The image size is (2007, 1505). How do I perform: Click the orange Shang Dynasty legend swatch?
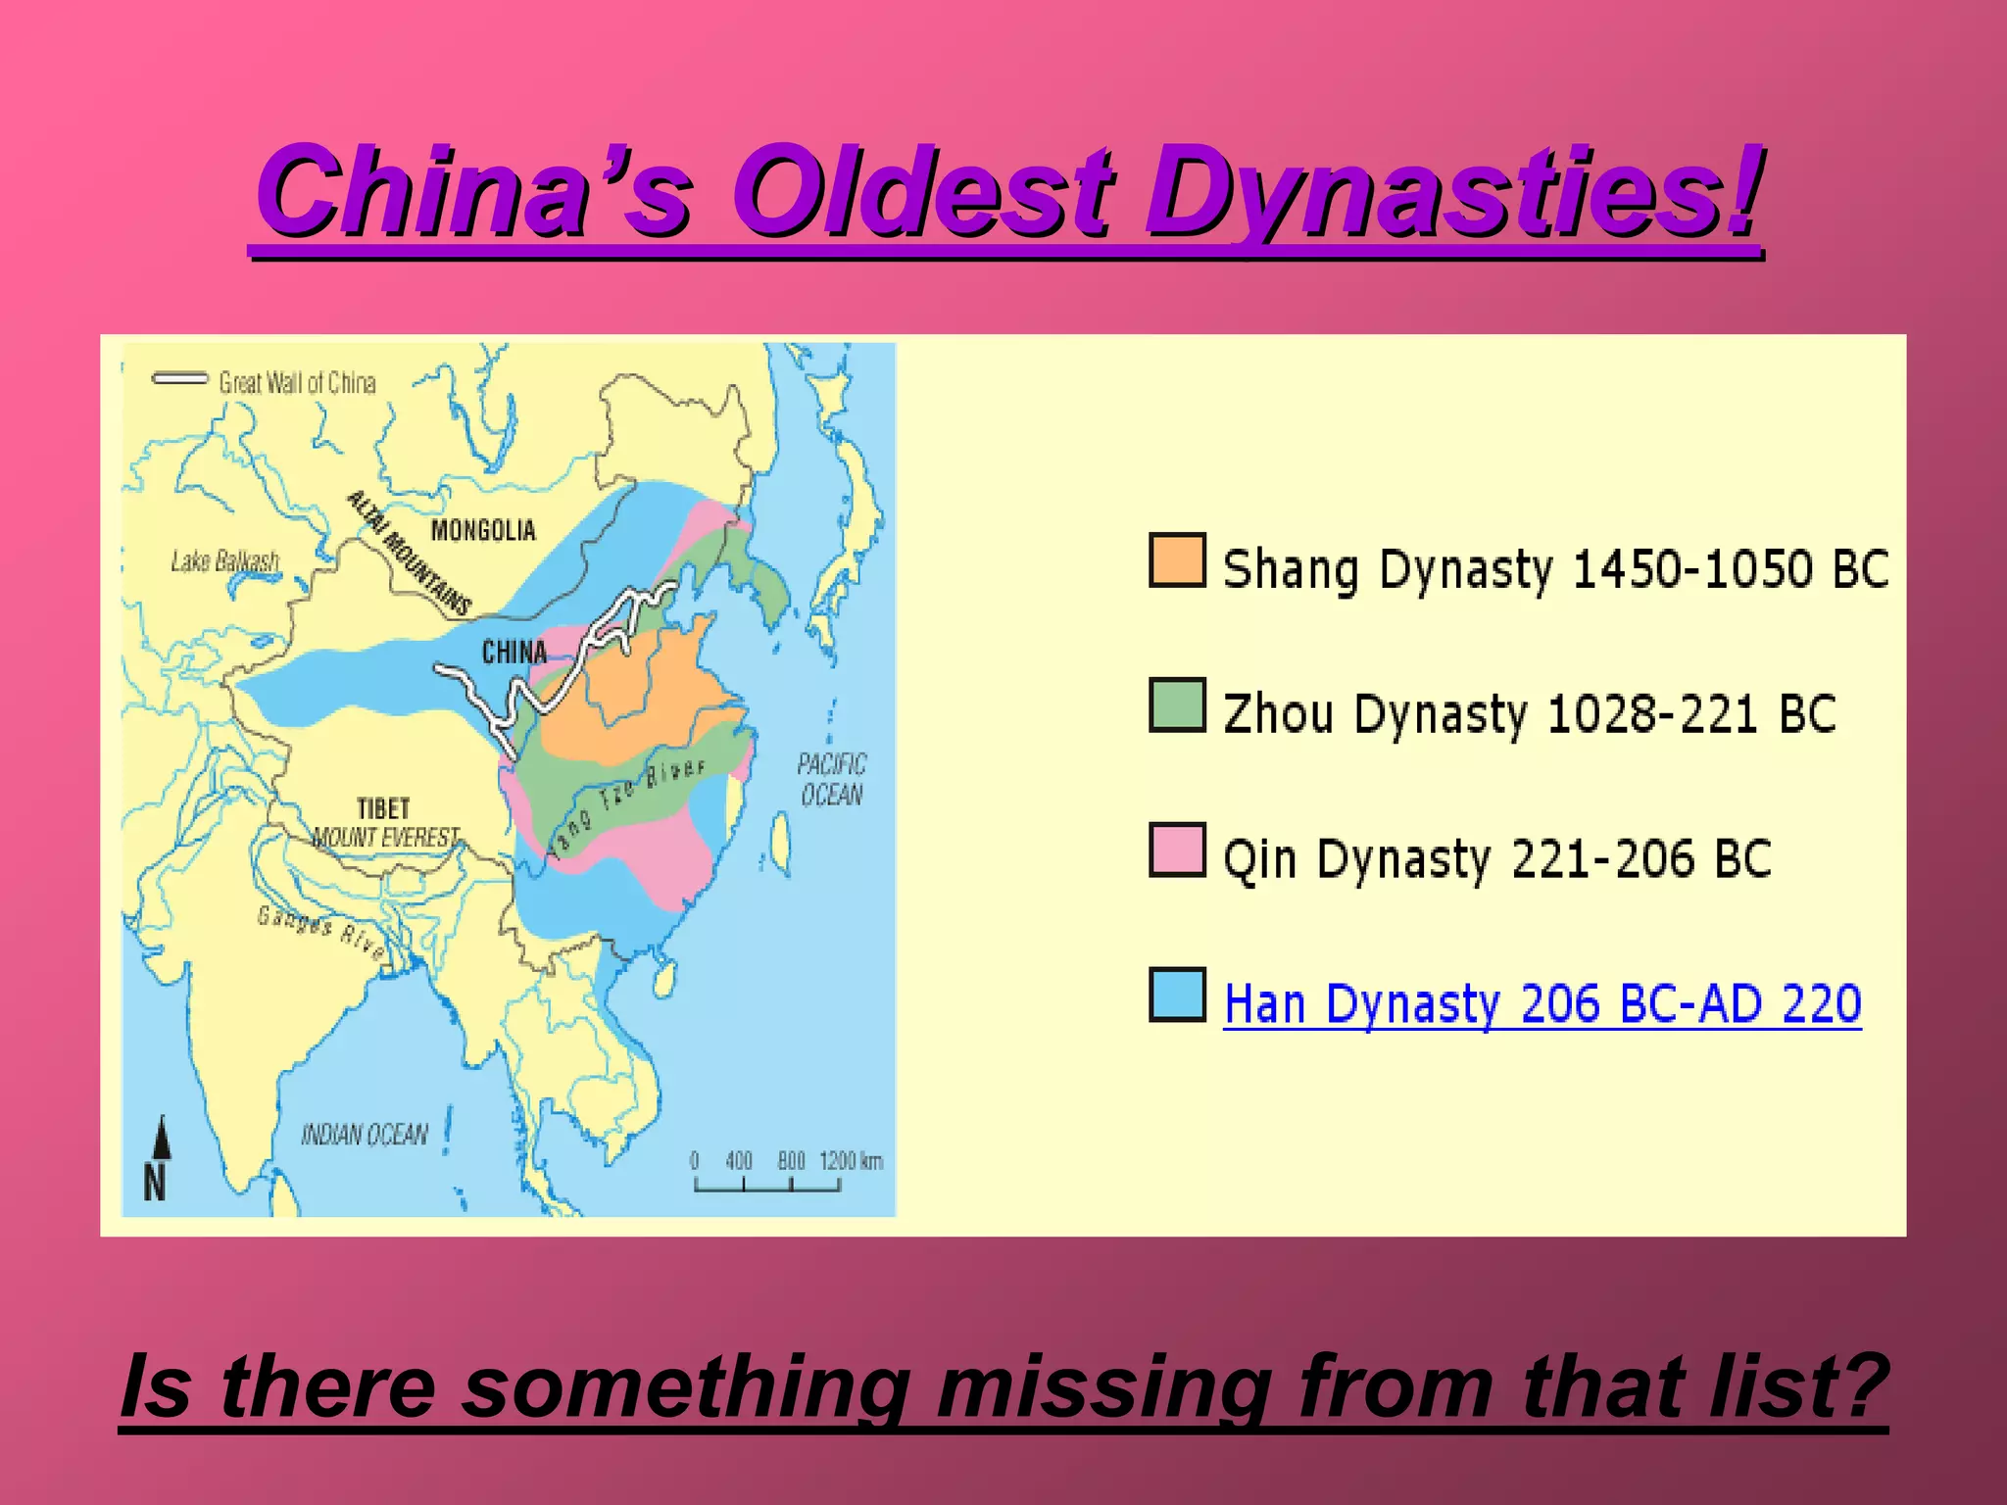(1177, 560)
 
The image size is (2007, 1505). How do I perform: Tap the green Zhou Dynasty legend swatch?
(1177, 705)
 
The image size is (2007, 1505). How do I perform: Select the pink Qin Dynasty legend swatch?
(1177, 850)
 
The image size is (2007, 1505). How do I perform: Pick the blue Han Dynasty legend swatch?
(1177, 995)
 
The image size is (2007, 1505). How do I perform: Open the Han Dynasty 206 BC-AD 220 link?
(1542, 1003)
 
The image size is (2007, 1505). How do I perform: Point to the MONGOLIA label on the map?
(483, 531)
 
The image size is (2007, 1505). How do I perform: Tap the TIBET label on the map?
(383, 808)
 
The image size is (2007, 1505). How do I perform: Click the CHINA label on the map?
(514, 652)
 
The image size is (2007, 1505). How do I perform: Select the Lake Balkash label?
(225, 561)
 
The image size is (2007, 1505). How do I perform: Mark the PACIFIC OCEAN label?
(831, 779)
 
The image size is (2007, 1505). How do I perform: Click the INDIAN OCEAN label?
(365, 1135)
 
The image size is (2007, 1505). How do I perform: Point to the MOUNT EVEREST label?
(385, 838)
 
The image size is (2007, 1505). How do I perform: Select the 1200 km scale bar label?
(851, 1162)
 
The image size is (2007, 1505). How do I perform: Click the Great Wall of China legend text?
(297, 382)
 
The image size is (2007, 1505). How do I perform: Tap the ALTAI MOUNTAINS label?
(410, 554)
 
